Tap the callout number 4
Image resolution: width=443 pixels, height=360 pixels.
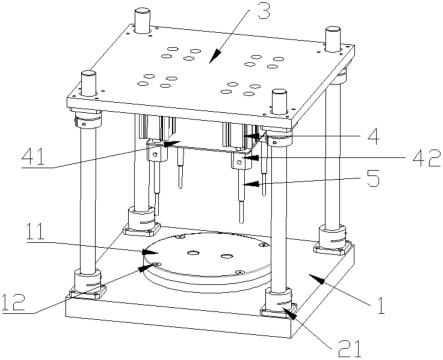pos(371,136)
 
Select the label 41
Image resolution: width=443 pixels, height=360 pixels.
pos(33,157)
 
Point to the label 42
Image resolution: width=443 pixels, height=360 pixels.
pos(427,158)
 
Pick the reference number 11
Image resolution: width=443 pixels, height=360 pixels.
pos(36,232)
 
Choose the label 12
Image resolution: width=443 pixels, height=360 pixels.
pos(13,302)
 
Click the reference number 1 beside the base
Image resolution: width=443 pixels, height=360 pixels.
pos(380,305)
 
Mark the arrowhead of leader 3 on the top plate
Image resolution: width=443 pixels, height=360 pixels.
pos(216,56)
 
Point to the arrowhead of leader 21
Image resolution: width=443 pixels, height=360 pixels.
pos(289,313)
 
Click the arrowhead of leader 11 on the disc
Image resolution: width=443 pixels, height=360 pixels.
pos(152,252)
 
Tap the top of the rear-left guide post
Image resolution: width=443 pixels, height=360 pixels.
pos(143,12)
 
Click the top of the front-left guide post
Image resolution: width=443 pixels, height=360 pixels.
pos(89,74)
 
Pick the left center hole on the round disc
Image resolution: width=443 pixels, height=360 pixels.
pos(193,253)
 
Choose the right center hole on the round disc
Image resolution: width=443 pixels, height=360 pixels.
pos(228,256)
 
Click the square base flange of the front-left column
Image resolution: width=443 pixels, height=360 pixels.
pos(87,293)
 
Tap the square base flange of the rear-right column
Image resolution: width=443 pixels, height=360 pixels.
pos(333,248)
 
